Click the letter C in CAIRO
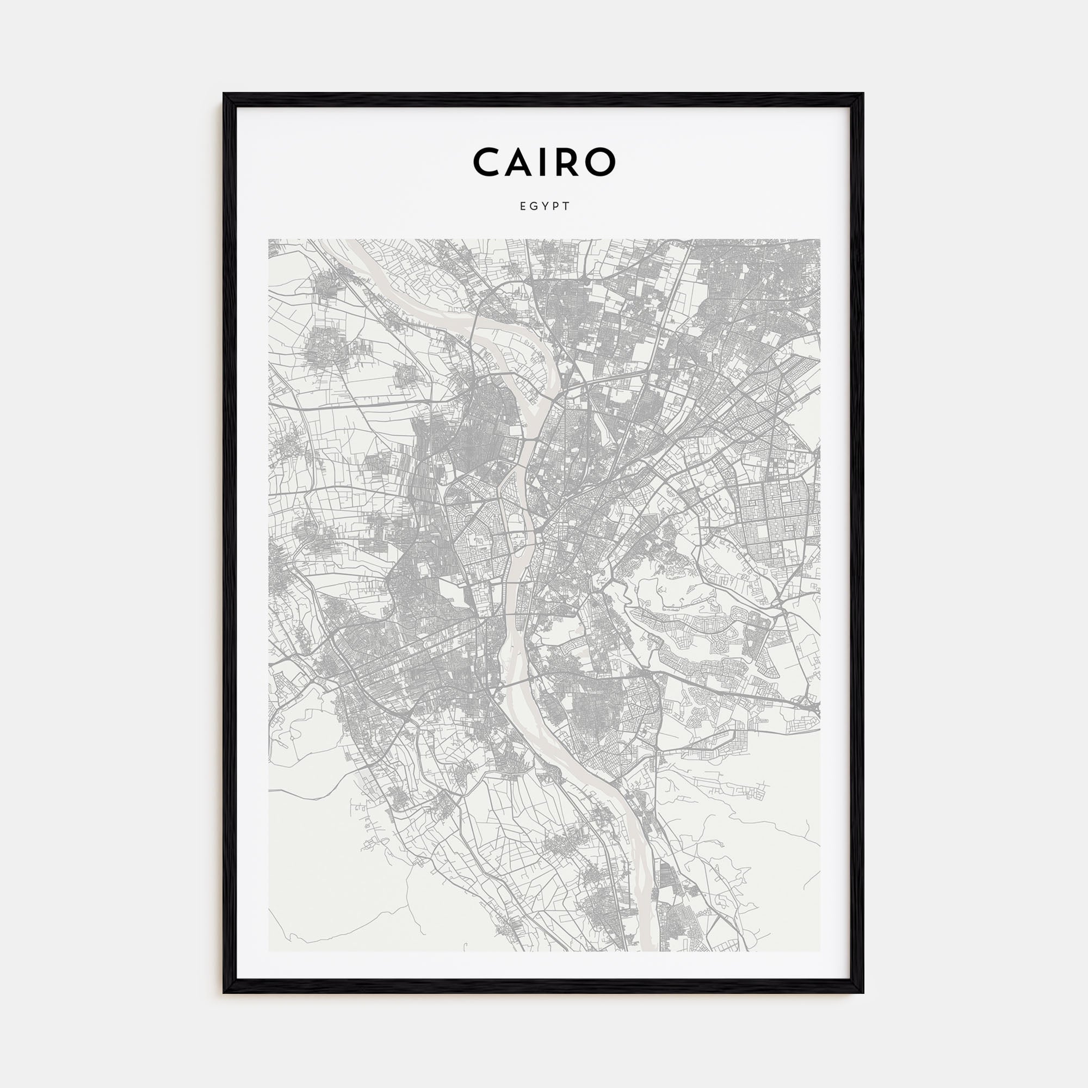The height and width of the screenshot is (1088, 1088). [x=489, y=162]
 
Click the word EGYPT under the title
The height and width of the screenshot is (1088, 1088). [x=545, y=207]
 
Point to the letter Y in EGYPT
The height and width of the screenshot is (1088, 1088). [x=545, y=207]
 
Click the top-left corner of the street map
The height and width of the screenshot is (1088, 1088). [x=269, y=240]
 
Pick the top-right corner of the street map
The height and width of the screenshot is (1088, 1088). [x=819, y=240]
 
